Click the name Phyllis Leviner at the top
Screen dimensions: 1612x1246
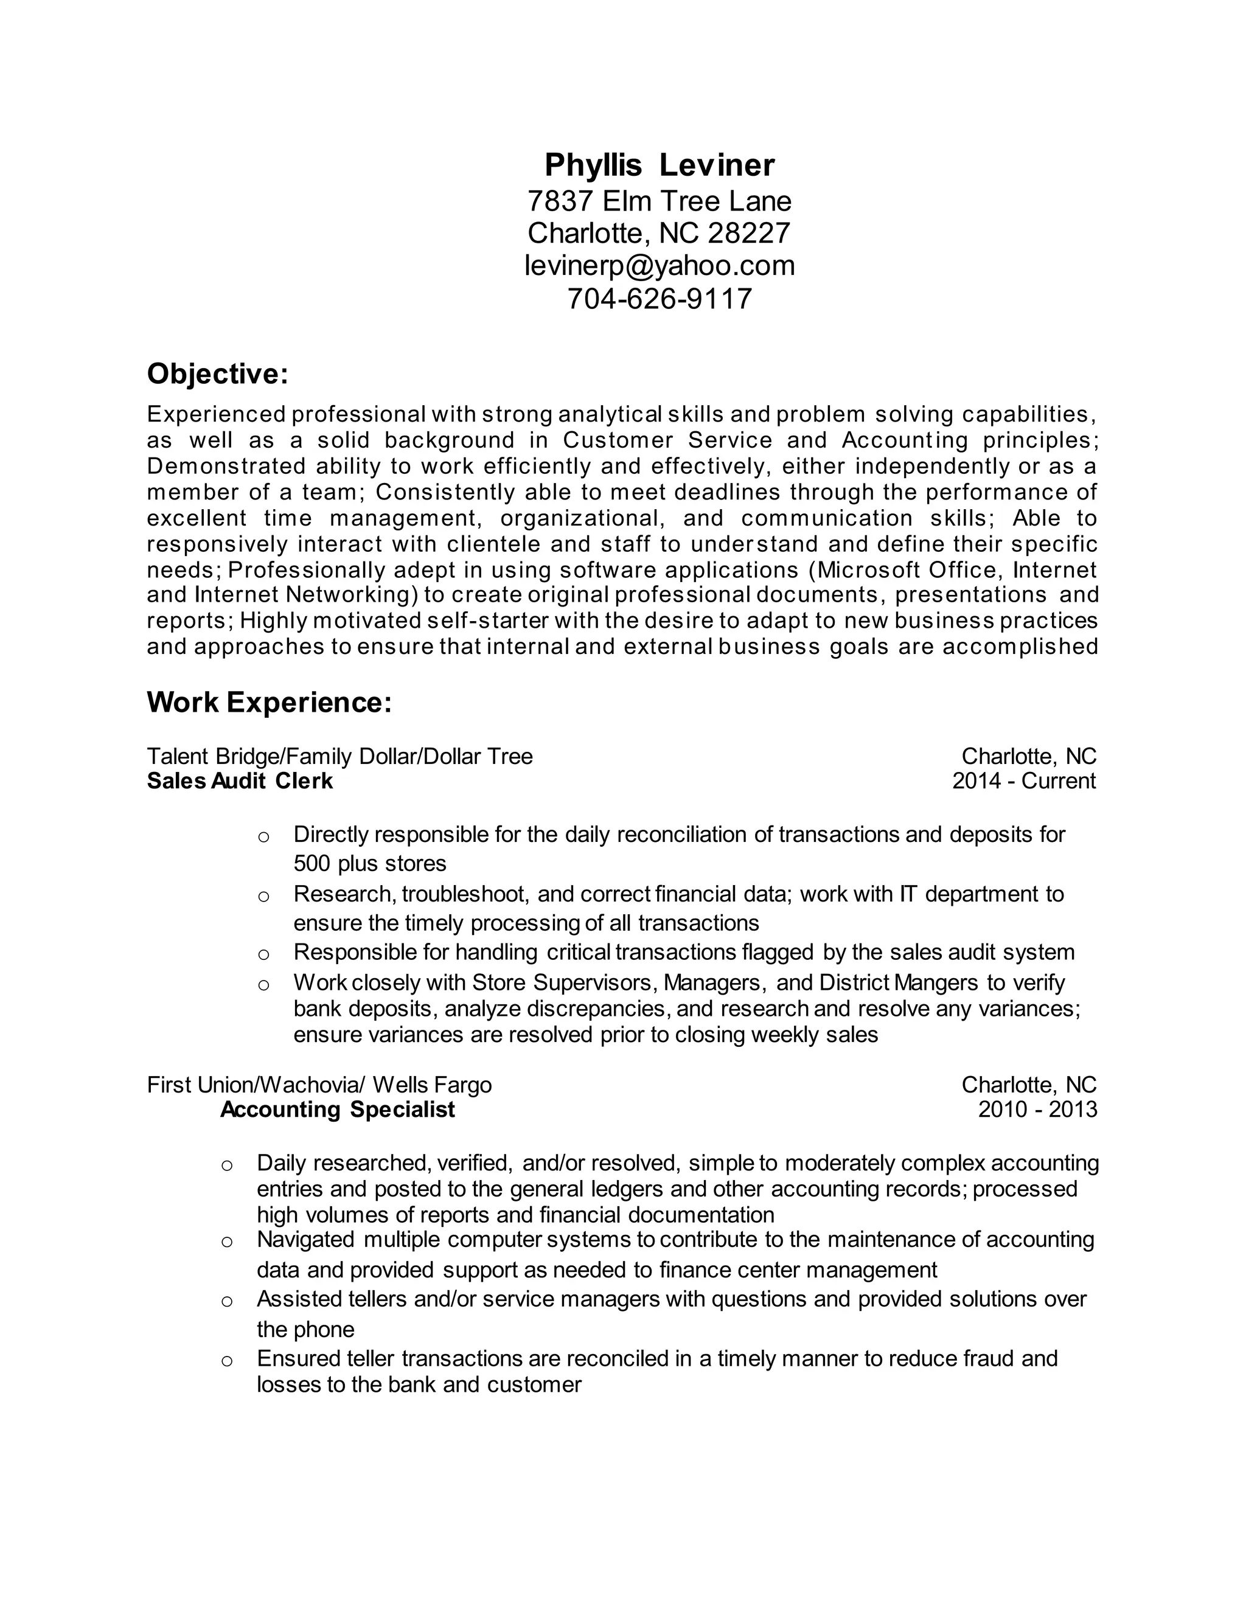point(659,165)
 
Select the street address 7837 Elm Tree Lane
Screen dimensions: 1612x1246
point(659,201)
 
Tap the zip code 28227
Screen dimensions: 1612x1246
point(748,233)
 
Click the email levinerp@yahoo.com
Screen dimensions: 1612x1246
point(659,266)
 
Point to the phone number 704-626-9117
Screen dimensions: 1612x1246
point(659,299)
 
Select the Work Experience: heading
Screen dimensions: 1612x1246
point(269,702)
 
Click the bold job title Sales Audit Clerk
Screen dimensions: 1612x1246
point(240,781)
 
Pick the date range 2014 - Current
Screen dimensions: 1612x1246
point(1024,781)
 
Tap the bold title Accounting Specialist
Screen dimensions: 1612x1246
point(337,1110)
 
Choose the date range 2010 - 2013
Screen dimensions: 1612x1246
point(1037,1110)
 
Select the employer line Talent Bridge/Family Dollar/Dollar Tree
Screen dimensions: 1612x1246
point(339,757)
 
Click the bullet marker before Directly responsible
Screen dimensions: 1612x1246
point(263,837)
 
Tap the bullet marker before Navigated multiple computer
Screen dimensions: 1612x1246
point(226,1242)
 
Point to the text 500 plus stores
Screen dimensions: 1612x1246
point(370,864)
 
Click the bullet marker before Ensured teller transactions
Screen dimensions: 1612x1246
point(226,1361)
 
